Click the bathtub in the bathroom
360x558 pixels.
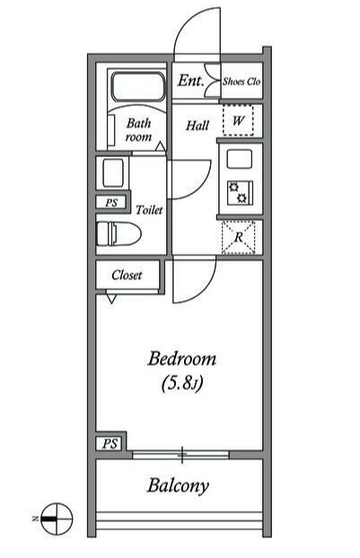(138, 87)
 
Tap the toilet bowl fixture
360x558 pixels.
(119, 234)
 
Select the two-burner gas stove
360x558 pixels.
(240, 193)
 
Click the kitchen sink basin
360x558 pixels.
(240, 159)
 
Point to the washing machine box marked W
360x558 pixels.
(238, 120)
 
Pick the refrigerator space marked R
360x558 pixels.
(239, 237)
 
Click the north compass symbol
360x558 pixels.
(57, 518)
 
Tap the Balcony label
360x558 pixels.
(178, 486)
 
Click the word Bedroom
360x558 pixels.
(182, 359)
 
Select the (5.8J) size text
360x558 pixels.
(182, 384)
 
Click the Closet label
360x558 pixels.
(127, 275)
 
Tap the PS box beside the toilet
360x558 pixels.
(111, 202)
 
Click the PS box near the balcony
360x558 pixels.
(110, 444)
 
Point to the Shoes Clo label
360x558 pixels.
(241, 82)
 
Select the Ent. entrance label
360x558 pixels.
(191, 81)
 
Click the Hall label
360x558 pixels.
(198, 125)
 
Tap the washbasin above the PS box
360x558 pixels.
(113, 173)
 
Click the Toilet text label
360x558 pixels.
(149, 209)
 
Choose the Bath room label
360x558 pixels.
(138, 130)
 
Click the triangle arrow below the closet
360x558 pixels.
(111, 298)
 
